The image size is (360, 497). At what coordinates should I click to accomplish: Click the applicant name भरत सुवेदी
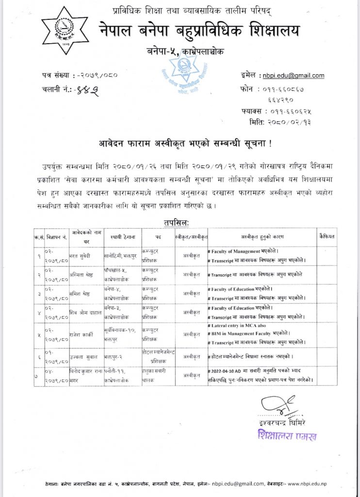tap(80, 253)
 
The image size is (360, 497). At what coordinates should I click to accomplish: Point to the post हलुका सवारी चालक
tap(158, 375)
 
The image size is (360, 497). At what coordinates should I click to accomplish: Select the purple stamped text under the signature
tap(286, 434)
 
